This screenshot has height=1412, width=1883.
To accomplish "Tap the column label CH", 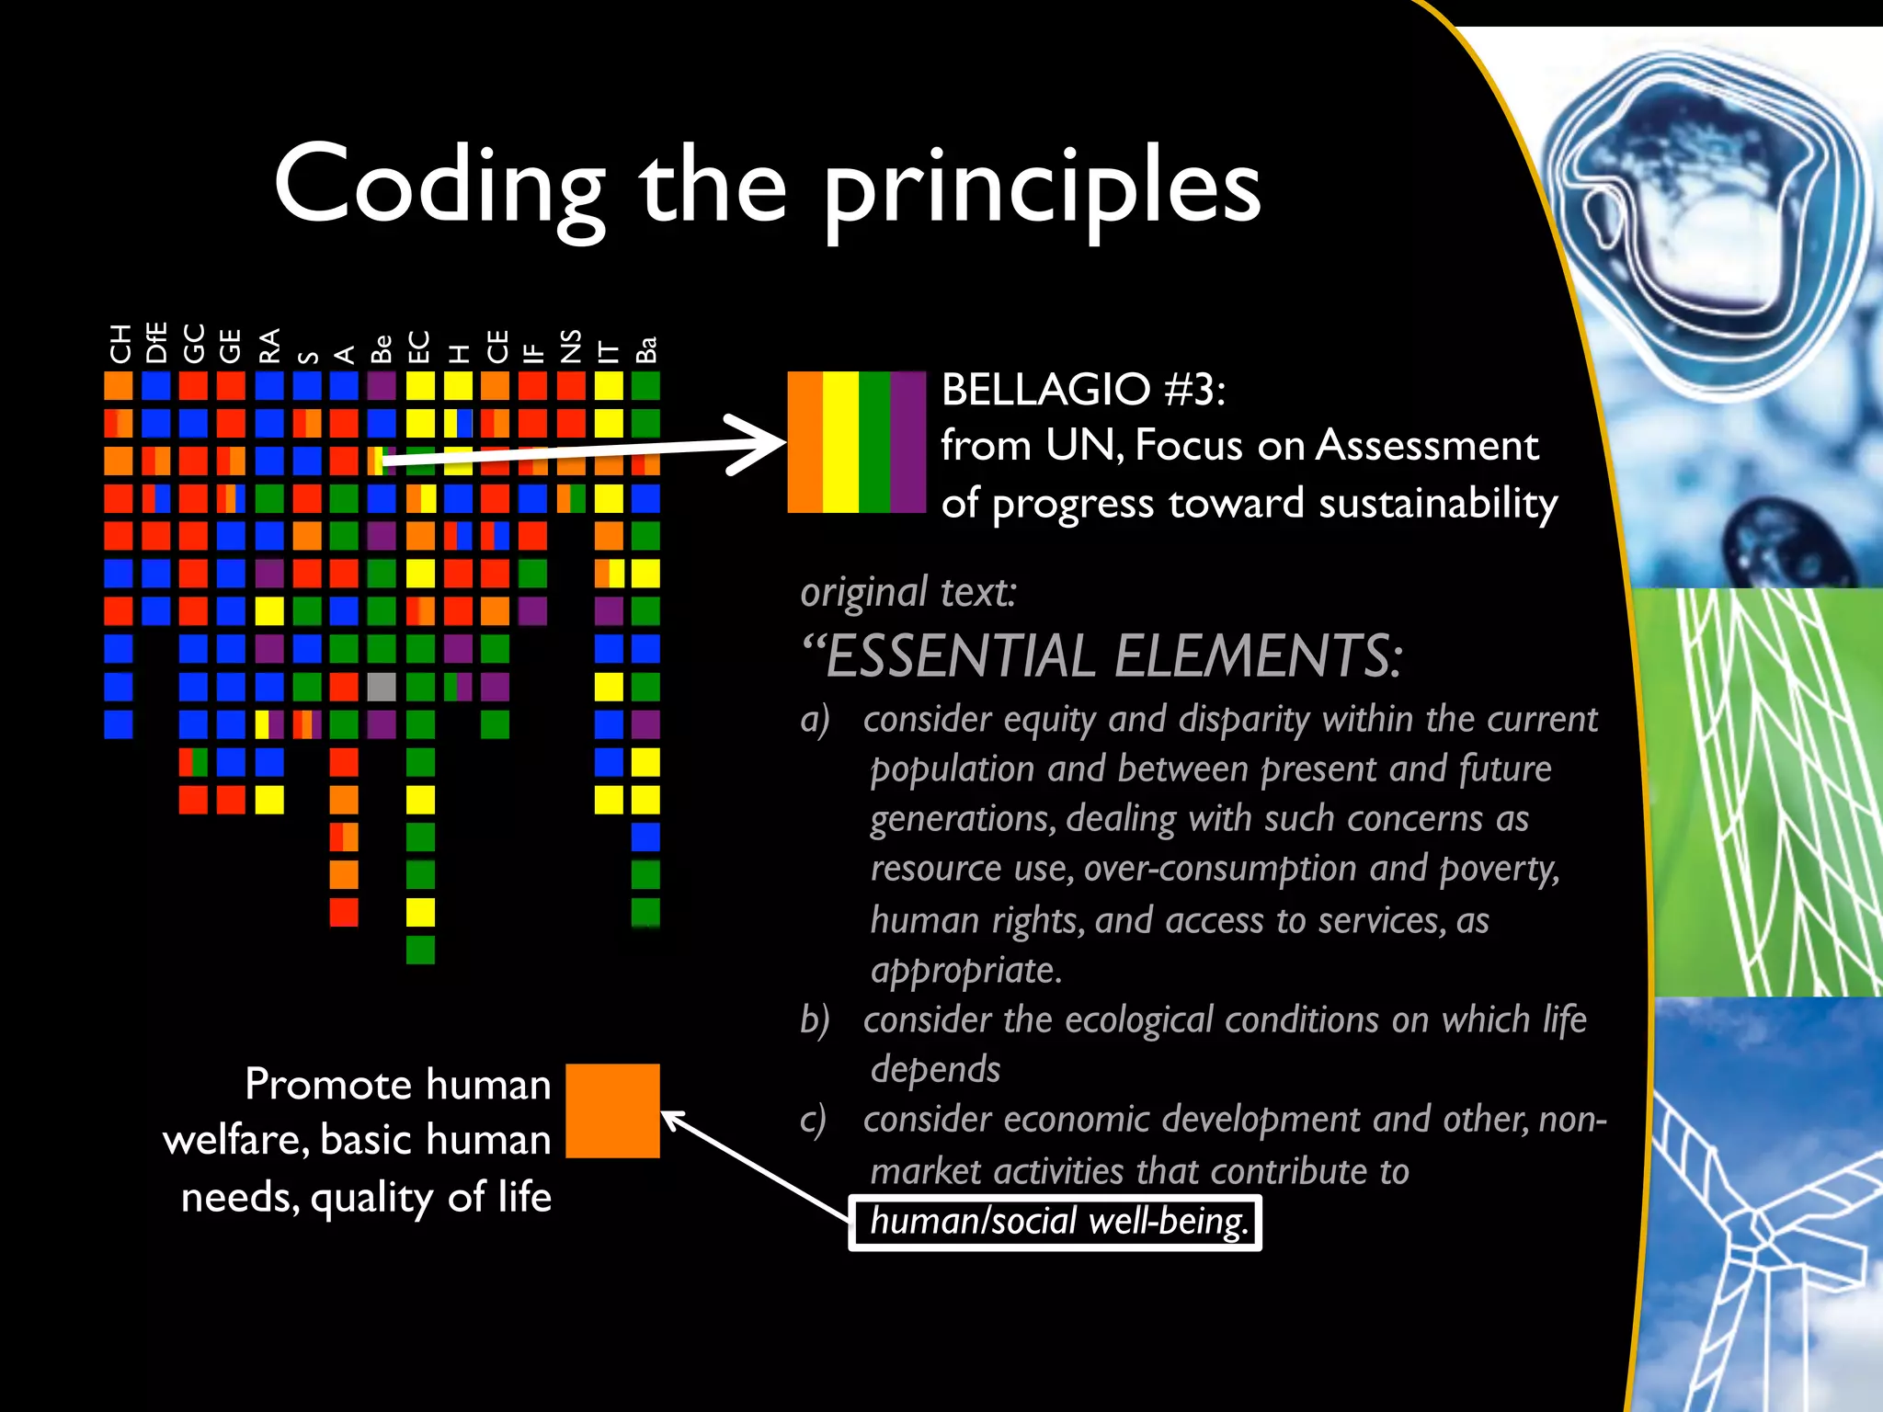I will pyautogui.click(x=120, y=344).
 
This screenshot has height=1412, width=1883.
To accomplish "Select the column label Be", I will pyautogui.click(x=382, y=347).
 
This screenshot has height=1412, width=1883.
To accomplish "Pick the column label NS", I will pyautogui.click(x=571, y=346).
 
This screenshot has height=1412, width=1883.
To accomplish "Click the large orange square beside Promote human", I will pyautogui.click(x=612, y=1110).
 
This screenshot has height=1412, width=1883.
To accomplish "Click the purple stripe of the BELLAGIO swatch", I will pyautogui.click(x=908, y=441).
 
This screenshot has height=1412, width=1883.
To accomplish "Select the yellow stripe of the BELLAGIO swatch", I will pyautogui.click(x=840, y=441).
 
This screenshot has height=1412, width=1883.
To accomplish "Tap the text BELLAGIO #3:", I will pyautogui.click(x=1082, y=390).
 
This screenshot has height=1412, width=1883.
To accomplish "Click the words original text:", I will pyautogui.click(x=908, y=592).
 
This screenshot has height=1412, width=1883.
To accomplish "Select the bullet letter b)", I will pyautogui.click(x=815, y=1020).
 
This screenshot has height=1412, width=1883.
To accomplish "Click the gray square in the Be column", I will pyautogui.click(x=382, y=687).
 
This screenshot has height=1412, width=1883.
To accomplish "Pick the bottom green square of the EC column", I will pyautogui.click(x=420, y=950).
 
